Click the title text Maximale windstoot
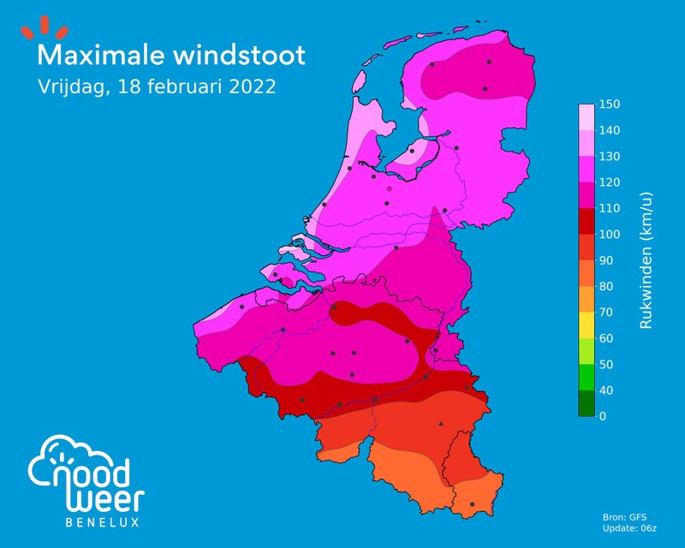(x=170, y=56)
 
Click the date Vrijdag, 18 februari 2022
(x=156, y=87)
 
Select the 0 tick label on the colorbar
(x=604, y=416)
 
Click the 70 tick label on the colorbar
(x=607, y=313)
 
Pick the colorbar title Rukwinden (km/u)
(x=647, y=260)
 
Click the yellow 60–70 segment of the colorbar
(x=587, y=325)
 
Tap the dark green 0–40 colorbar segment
(x=587, y=403)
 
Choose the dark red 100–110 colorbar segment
(x=587, y=222)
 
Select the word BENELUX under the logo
(x=102, y=521)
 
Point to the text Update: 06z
(x=631, y=528)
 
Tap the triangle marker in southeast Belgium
(x=441, y=423)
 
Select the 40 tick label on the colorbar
(x=607, y=390)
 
